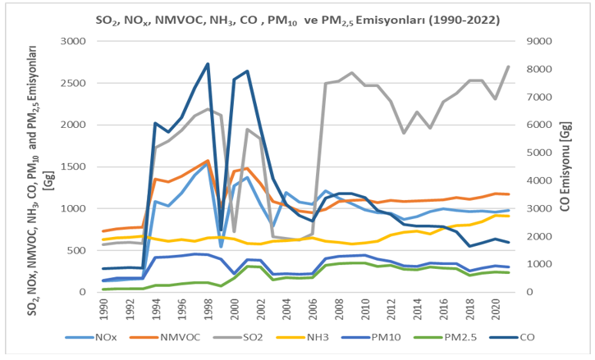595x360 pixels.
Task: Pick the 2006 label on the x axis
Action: (x=313, y=309)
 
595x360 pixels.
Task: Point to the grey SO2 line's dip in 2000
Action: (x=234, y=231)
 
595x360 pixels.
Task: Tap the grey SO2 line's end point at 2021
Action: (x=508, y=66)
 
